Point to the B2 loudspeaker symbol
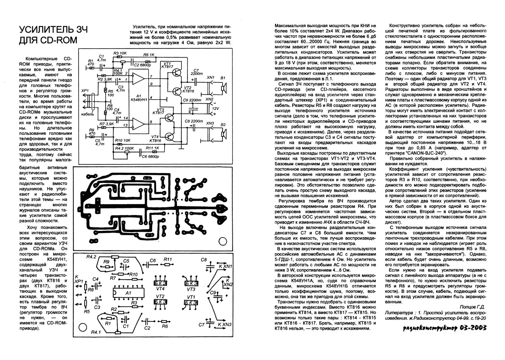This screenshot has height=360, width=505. point(223,135)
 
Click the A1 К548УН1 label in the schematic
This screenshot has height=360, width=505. point(139,98)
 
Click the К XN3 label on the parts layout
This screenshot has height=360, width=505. point(225,325)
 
